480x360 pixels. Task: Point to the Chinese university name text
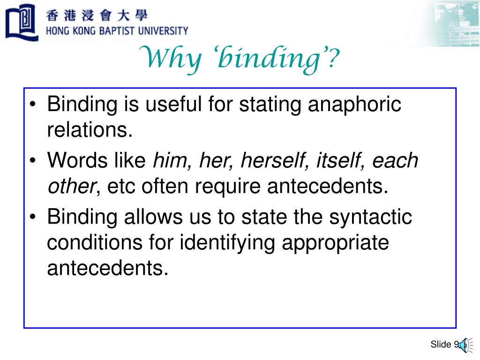97,15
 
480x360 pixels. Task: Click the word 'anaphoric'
354,104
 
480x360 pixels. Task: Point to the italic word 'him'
171,161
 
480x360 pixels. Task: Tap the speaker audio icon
463,345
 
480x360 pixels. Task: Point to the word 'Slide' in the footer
441,345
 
